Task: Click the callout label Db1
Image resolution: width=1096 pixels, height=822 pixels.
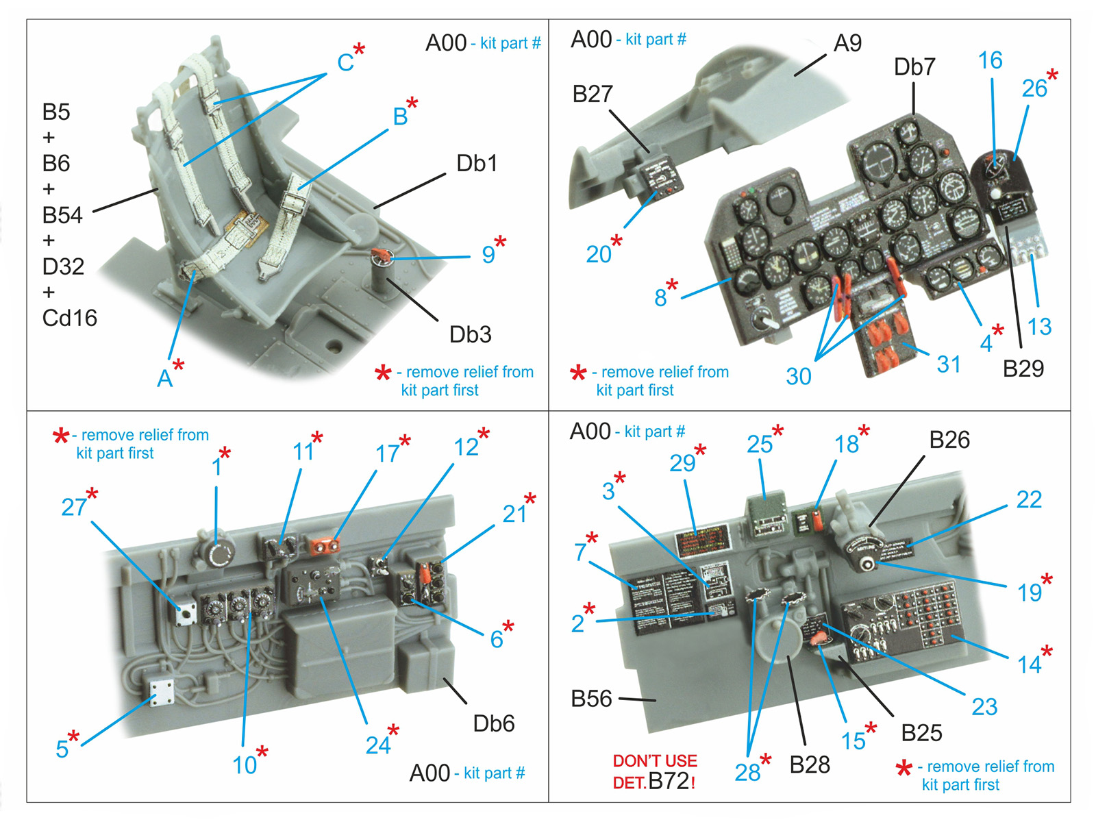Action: [x=477, y=164]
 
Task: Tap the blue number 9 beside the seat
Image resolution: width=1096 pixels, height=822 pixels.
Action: [x=488, y=255]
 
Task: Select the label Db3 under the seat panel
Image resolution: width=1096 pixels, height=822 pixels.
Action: [x=470, y=334]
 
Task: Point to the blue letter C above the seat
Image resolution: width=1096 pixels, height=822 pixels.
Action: [x=345, y=62]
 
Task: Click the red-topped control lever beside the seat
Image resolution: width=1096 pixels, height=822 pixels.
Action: [x=381, y=257]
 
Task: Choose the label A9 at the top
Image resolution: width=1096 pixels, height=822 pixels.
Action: [x=847, y=43]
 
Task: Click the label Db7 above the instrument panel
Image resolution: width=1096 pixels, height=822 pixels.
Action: [x=914, y=67]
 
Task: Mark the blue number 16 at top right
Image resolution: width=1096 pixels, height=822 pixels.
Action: [x=990, y=60]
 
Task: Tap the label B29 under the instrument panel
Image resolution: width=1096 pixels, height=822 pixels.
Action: [x=1023, y=369]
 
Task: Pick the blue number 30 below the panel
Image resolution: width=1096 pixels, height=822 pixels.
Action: [x=799, y=376]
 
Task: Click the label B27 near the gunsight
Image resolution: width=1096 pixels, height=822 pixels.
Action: [x=593, y=94]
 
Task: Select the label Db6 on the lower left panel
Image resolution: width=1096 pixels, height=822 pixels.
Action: [x=493, y=723]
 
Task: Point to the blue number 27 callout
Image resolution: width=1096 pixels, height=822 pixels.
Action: [x=74, y=507]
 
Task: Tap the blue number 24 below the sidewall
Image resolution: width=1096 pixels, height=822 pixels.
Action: [x=378, y=745]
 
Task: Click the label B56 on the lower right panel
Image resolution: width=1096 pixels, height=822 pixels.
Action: [x=591, y=699]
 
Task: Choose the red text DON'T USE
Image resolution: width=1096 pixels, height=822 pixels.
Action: [x=655, y=761]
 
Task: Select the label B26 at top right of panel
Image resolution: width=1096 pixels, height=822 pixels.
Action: [x=949, y=440]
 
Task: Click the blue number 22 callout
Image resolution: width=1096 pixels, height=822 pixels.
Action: [x=1029, y=499]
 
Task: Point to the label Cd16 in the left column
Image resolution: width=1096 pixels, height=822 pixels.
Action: [x=70, y=318]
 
